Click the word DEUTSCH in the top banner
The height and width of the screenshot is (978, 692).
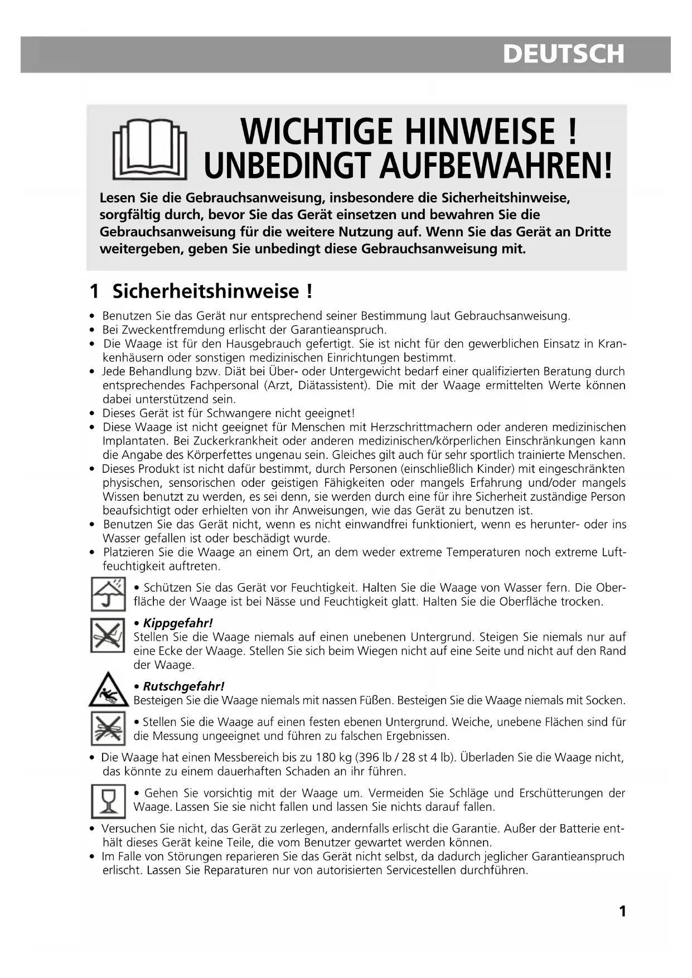tap(563, 54)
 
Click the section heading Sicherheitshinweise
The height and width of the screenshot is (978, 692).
tap(206, 291)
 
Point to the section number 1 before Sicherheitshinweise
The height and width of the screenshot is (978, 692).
tap(95, 291)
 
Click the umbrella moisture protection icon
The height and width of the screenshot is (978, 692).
tap(108, 594)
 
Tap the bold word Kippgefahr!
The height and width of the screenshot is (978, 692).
tap(178, 623)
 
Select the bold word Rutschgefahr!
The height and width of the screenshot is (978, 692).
tap(183, 686)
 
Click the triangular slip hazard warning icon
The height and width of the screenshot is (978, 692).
tap(108, 690)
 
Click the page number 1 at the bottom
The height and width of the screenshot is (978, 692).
tap(622, 911)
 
